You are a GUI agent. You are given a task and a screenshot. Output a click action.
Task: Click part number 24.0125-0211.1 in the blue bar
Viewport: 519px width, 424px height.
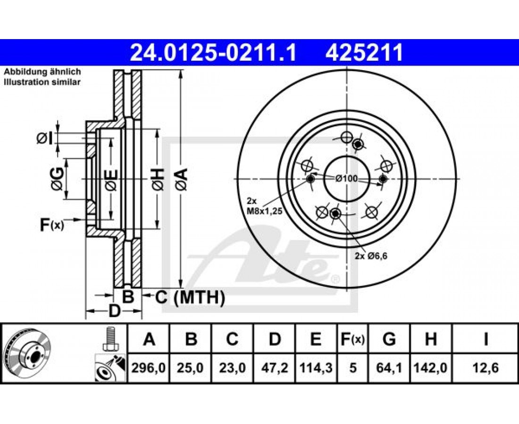click(213, 53)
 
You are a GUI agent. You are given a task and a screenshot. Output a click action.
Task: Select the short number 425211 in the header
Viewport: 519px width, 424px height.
click(364, 53)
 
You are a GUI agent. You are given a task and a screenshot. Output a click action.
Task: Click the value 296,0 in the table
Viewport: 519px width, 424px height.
click(149, 368)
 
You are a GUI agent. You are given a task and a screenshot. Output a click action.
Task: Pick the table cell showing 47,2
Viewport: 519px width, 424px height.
click(275, 368)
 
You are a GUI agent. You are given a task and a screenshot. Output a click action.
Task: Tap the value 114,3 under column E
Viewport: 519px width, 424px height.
click(316, 368)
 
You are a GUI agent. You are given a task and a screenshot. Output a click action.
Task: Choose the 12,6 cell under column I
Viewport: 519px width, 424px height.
click(486, 368)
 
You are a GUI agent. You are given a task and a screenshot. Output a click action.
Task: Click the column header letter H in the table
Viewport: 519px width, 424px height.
click(431, 339)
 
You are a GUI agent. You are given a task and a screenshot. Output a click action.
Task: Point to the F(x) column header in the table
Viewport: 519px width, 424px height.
click(352, 339)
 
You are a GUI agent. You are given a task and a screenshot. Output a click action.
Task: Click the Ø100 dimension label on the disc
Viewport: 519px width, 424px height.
click(346, 179)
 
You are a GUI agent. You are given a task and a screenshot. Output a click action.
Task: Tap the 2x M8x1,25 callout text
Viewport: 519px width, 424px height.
click(265, 206)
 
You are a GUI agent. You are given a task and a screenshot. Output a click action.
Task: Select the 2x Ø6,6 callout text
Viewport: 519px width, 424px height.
click(371, 256)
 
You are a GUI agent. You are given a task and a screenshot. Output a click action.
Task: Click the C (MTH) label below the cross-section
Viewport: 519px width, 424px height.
click(190, 297)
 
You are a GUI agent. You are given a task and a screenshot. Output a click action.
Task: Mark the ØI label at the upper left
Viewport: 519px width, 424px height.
click(44, 139)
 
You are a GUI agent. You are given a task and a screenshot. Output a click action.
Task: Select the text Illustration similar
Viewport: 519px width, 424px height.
click(42, 82)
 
